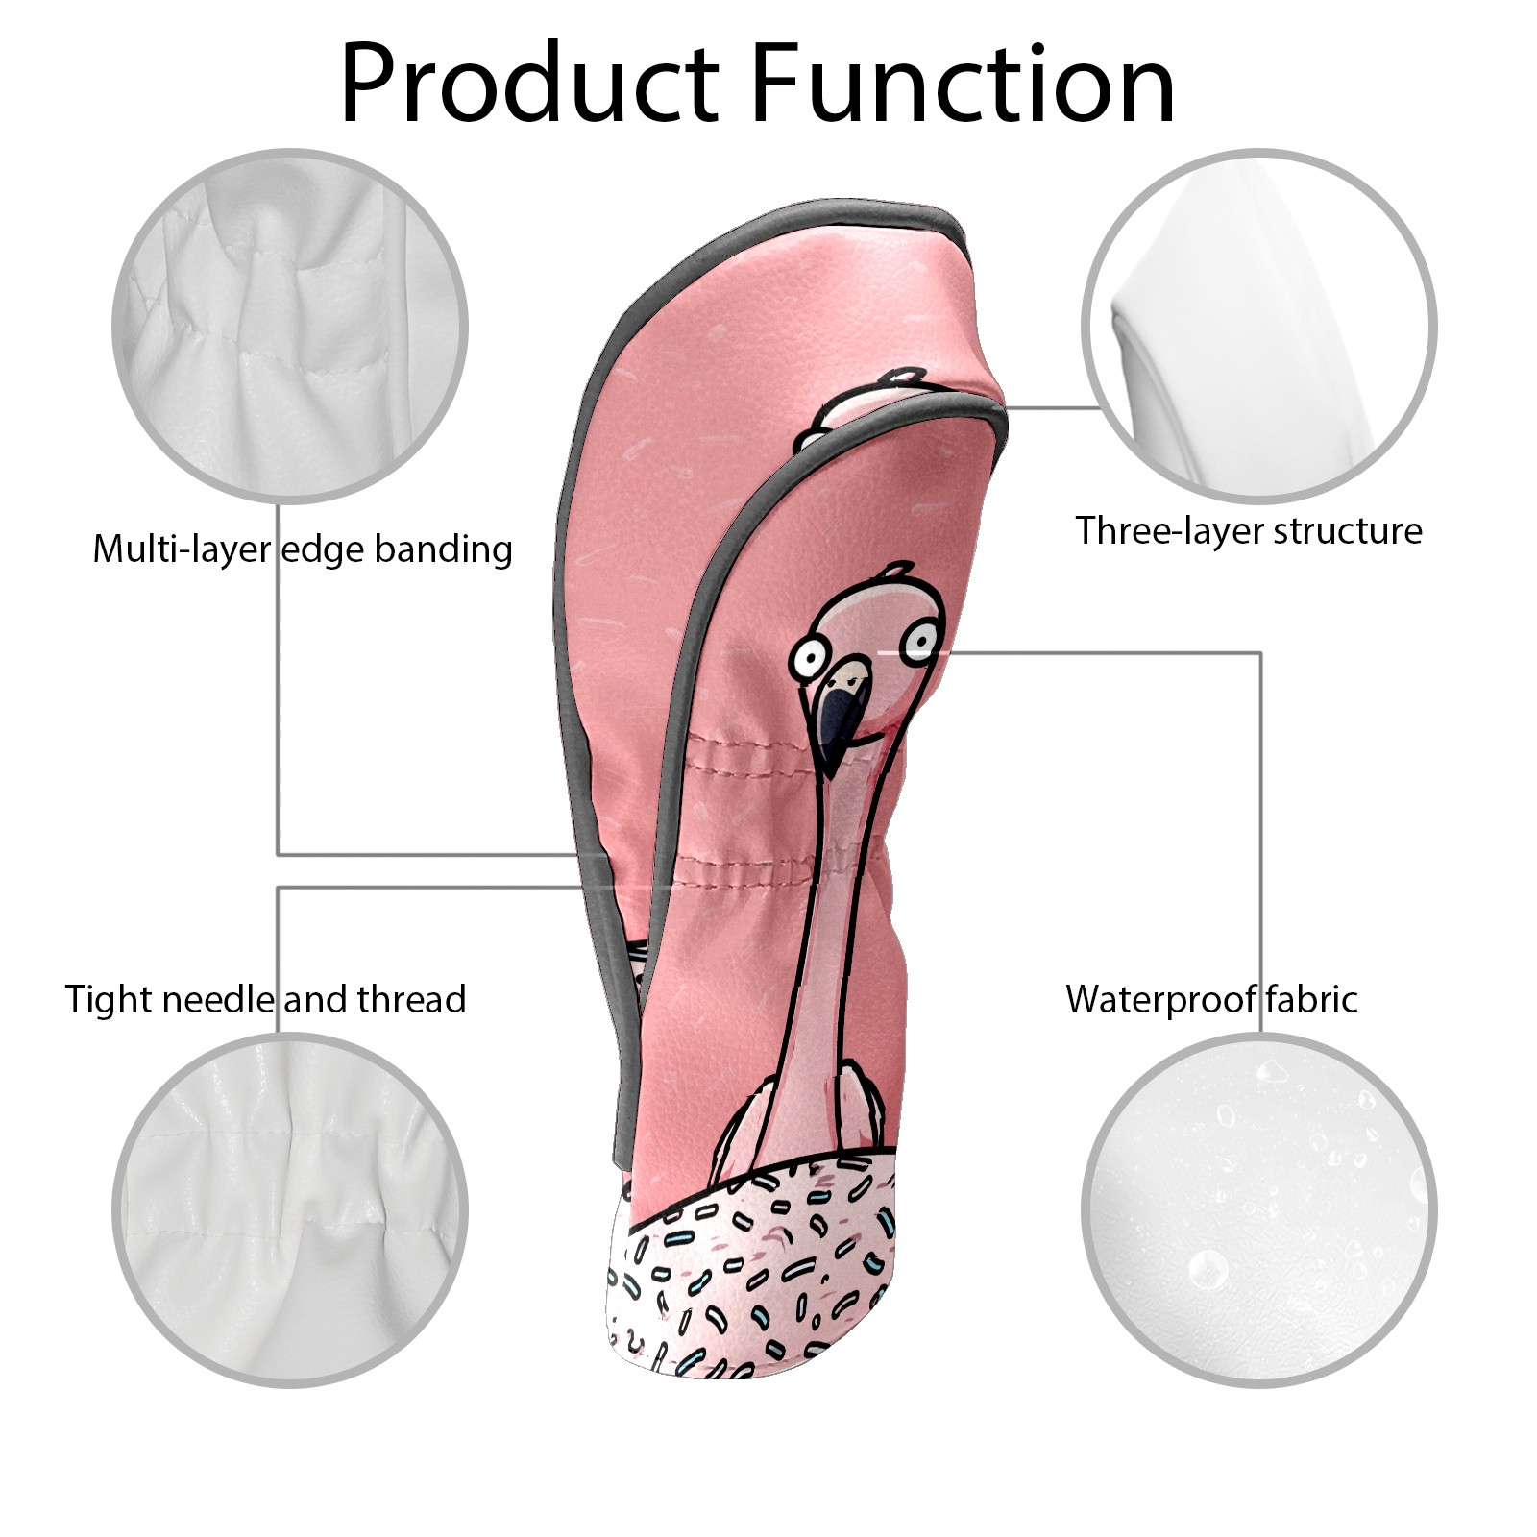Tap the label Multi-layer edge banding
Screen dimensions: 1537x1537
click(303, 549)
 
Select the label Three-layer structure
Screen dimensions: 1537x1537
click(1249, 530)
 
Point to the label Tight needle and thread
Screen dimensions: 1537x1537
click(266, 1000)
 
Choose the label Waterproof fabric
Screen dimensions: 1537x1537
click(1211, 999)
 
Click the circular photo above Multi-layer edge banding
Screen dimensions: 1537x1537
click(290, 326)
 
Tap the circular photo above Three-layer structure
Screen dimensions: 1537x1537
click(1259, 326)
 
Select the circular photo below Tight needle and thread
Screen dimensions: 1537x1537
click(290, 1211)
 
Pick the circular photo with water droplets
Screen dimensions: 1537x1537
click(1259, 1211)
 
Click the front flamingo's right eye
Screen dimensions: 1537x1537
click(923, 638)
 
